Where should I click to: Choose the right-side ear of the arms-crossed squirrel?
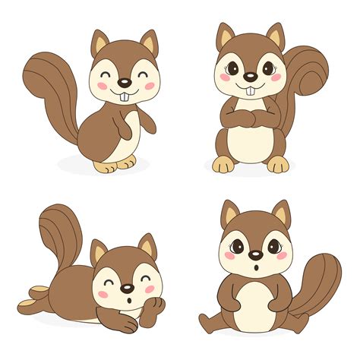coord(273,36)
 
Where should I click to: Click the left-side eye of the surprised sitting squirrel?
coord(238,246)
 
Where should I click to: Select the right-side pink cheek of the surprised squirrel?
coord(280,256)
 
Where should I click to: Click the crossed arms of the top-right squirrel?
coord(250,117)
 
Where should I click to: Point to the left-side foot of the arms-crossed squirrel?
coord(223,164)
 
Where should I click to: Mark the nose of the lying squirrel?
coord(126,289)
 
